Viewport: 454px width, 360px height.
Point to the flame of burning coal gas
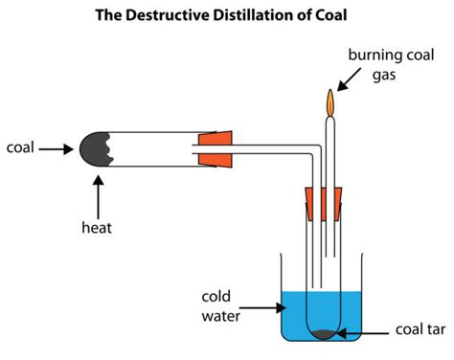[x=331, y=101]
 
